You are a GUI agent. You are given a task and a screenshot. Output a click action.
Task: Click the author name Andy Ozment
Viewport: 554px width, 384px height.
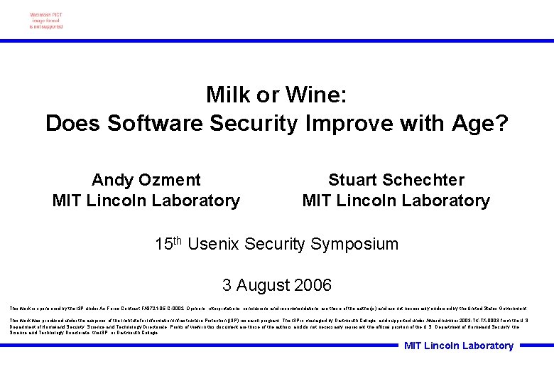click(x=146, y=180)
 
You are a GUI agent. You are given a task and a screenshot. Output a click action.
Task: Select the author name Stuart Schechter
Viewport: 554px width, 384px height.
click(x=396, y=180)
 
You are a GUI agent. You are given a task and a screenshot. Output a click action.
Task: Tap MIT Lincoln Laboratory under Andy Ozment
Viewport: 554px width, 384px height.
click(x=146, y=201)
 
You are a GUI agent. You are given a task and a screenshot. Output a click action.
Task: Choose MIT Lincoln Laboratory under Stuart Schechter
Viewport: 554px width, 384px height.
click(x=396, y=201)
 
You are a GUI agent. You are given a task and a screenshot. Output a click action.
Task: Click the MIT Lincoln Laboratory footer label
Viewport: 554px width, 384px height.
click(x=458, y=346)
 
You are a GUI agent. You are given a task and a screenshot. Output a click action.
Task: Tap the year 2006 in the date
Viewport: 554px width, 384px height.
click(x=312, y=285)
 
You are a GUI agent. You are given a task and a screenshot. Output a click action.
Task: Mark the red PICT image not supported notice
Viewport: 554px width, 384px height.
click(x=46, y=21)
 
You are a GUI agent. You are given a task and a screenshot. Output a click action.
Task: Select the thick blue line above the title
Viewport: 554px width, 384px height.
click(x=277, y=41)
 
